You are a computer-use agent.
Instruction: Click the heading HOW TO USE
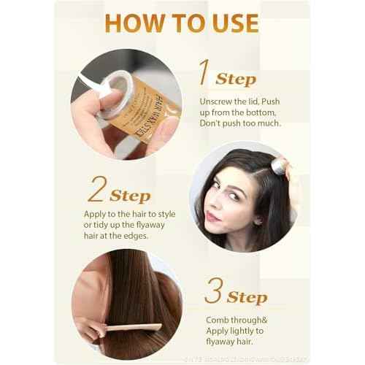click(182, 22)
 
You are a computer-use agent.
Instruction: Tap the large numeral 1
click(204, 73)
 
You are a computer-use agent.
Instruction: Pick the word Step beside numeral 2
click(131, 196)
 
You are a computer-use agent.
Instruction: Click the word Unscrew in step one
click(218, 100)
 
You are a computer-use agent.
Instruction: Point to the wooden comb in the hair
click(132, 328)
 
